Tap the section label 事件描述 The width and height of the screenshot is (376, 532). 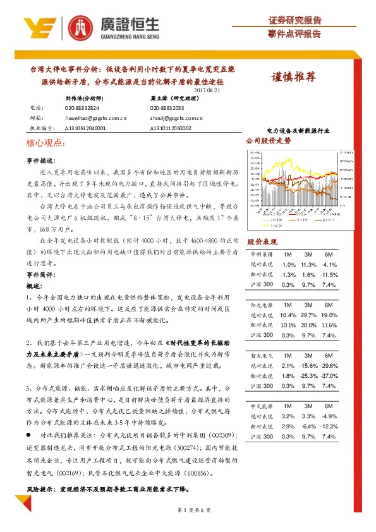(42, 160)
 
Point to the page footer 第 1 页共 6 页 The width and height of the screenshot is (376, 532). (188, 509)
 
